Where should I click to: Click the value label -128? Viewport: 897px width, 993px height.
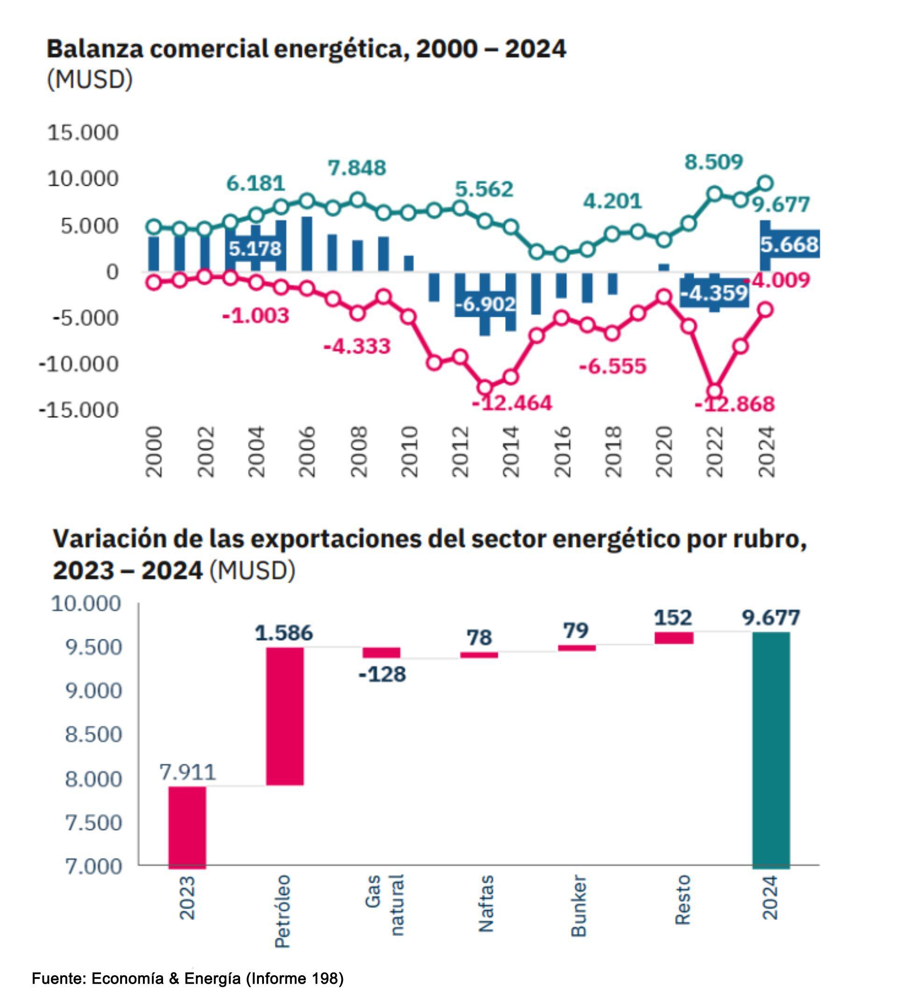[382, 674]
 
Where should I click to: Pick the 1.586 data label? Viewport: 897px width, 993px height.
[284, 633]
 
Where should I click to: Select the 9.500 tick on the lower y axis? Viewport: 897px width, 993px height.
[93, 647]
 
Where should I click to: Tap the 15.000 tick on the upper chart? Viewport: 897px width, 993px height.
[83, 132]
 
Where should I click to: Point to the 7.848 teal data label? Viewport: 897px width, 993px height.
[357, 168]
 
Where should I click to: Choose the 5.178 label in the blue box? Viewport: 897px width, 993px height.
[255, 248]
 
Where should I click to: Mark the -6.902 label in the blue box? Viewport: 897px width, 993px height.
[485, 304]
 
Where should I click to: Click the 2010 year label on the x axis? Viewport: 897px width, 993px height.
[409, 452]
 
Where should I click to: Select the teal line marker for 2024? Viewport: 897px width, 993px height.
[765, 184]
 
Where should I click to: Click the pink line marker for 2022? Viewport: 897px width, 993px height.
[714, 392]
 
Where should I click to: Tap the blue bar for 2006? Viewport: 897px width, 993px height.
[307, 244]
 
